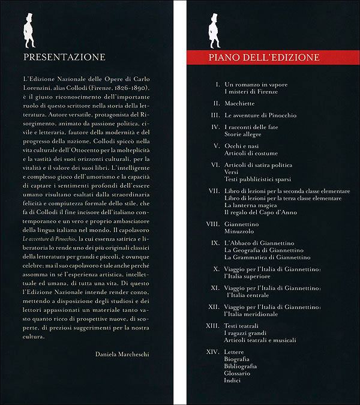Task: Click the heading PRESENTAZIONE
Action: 63,58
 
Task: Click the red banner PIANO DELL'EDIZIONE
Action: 264,58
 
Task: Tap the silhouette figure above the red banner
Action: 214,31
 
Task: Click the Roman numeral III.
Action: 217,115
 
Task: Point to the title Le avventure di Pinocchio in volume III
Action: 260,115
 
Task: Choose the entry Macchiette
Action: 240,103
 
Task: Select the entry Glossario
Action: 237,373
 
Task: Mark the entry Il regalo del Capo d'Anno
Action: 260,212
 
